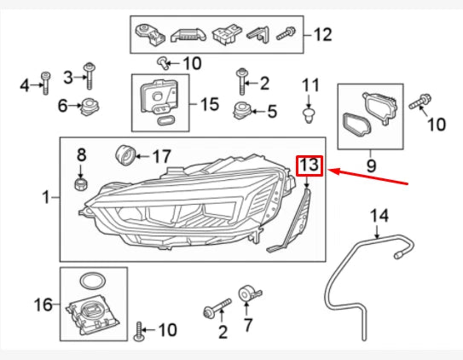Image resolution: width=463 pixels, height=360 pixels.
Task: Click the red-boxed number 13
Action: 309,165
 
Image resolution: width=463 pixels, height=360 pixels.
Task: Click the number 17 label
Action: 161,156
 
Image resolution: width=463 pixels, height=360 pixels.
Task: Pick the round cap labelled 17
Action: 126,155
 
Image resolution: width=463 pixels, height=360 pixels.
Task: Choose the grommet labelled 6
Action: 87,107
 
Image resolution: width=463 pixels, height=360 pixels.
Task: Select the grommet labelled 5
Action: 245,110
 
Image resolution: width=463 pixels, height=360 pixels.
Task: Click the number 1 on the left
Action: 45,198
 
